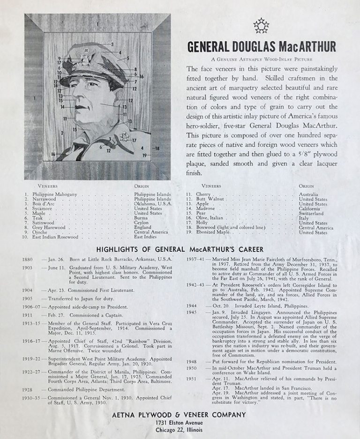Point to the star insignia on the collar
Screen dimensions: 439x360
point(125,137)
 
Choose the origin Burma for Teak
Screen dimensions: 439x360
point(141,218)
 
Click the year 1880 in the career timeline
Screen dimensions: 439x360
point(28,259)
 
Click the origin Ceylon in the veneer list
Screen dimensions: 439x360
point(142,223)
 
